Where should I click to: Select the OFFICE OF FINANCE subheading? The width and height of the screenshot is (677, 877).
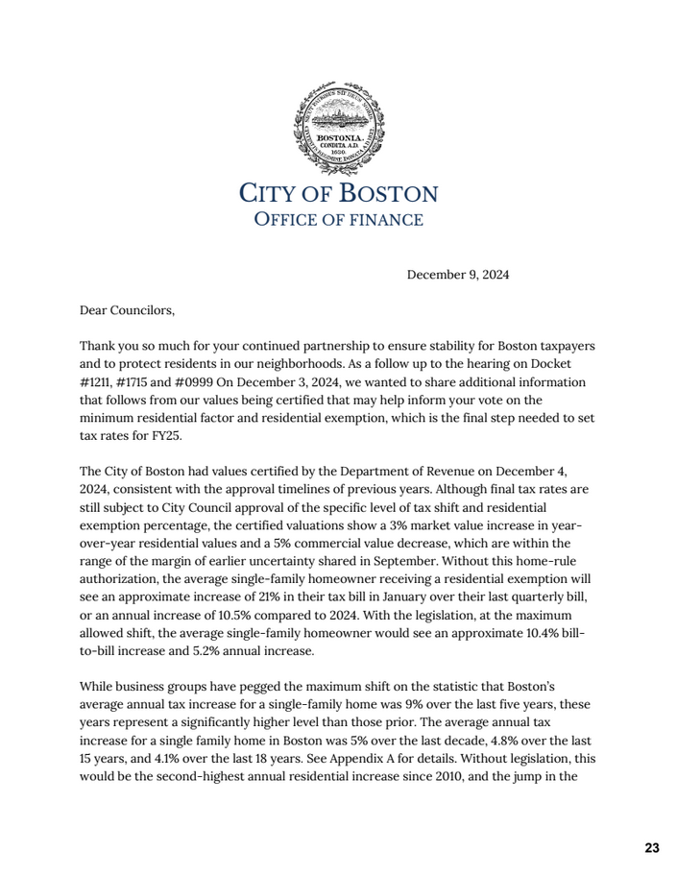[338, 220]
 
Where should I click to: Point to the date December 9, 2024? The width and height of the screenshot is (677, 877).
[458, 275]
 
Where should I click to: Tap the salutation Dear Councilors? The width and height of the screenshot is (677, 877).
[128, 310]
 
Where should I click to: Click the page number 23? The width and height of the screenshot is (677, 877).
[652, 848]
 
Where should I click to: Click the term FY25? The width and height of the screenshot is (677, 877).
[164, 434]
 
